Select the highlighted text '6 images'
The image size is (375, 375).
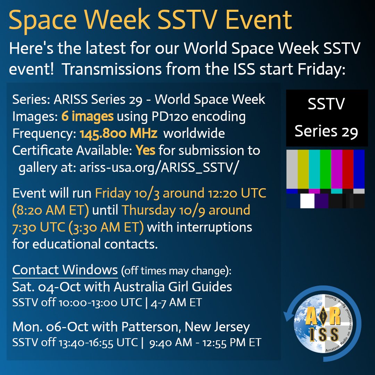click(x=87, y=117)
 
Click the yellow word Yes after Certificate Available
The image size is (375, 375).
click(x=145, y=150)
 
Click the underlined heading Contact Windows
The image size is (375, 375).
click(x=65, y=269)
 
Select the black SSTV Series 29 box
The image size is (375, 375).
click(x=327, y=118)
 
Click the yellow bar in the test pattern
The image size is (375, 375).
click(x=303, y=169)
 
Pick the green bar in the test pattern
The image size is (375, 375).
click(x=326, y=169)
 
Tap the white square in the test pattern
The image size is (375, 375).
click(x=307, y=201)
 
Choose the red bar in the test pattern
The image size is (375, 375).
click(x=348, y=169)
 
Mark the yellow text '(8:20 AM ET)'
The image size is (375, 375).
click(x=51, y=210)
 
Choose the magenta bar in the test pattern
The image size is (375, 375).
click(x=337, y=169)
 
